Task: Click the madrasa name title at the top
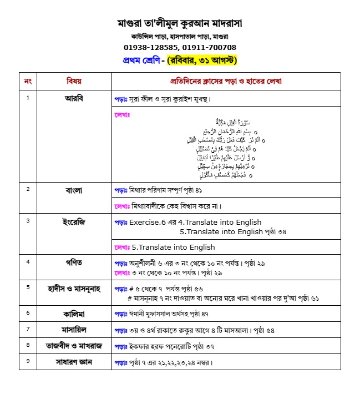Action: (180, 24)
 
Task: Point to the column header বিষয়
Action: (74, 81)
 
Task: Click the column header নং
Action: (28, 81)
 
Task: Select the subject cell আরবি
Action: (74, 98)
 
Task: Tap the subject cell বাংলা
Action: (74, 190)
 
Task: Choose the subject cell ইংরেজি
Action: (74, 221)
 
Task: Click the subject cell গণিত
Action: (74, 261)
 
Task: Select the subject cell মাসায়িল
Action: (74, 329)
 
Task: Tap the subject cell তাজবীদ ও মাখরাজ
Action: (74, 345)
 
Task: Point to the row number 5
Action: (28, 286)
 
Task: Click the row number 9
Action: (28, 361)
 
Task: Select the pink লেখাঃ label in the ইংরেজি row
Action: (121, 247)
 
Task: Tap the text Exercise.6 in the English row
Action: (148, 223)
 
